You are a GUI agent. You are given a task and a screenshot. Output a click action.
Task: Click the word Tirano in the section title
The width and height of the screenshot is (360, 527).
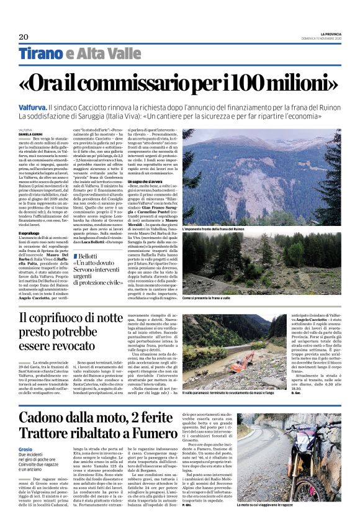pyautogui.click(x=41, y=54)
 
